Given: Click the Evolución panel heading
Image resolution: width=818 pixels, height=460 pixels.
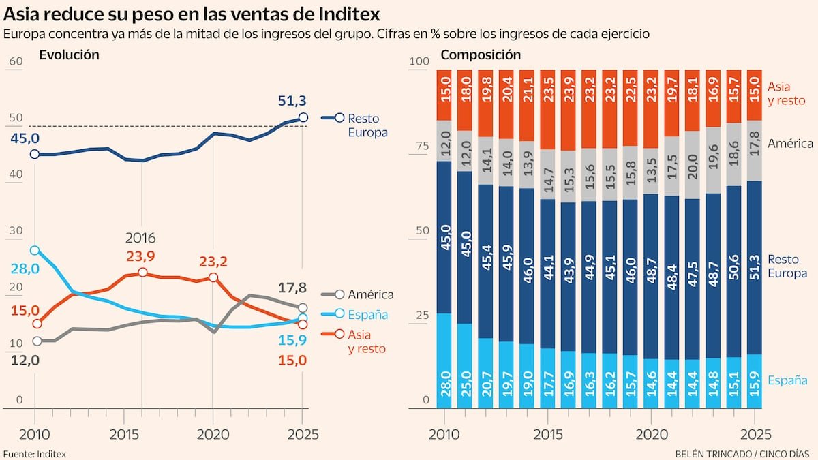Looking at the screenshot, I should pos(70,55).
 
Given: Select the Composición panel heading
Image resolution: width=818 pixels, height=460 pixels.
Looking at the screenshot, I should pos(481,55).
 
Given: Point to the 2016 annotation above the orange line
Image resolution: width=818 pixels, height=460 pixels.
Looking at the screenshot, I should pos(140,239).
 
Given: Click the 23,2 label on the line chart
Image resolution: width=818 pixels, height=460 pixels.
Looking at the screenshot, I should pos(213,260).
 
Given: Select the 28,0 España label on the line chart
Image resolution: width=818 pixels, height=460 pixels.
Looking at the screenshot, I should pos(24,269).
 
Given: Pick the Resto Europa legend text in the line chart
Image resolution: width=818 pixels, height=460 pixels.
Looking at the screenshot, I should pos(367,125).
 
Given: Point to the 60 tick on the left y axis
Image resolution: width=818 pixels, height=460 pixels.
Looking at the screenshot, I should pos(16,61).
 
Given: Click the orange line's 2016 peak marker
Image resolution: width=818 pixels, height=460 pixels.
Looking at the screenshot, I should pos(142,273).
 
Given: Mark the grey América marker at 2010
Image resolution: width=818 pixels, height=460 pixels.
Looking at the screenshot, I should pos(37,341).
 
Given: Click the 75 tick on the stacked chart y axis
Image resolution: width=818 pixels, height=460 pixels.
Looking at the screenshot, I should pos(421,146).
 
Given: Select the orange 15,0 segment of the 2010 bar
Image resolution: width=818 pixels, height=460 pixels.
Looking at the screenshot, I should pos(444,94).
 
